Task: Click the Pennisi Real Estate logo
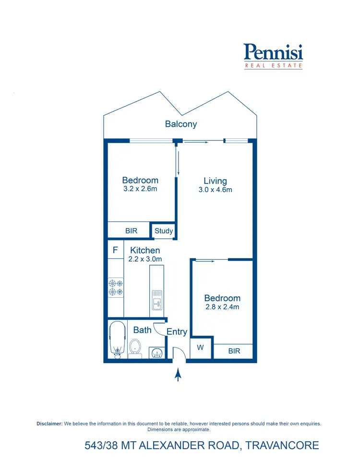pos(273,56)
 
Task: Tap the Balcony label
pos(181,124)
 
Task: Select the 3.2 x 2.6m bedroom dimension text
pos(140,189)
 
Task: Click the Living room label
pos(215,181)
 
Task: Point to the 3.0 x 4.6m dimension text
pos(215,190)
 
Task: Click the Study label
pos(164,231)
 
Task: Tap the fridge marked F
pos(115,250)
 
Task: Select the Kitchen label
pos(145,250)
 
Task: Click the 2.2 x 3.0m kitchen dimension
pos(145,259)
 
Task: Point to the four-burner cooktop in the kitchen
pos(116,287)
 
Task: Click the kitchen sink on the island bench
pos(156,299)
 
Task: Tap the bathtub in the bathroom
pos(117,340)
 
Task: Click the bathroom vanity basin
pos(157,354)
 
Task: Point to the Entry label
pos(177,332)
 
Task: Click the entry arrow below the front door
pos(178,375)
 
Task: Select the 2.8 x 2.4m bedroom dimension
pos(222,307)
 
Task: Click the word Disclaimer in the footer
pos(49,424)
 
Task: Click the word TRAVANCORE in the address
pos(282,445)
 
